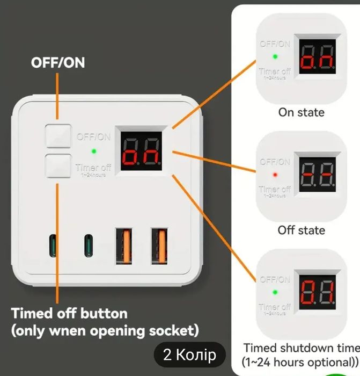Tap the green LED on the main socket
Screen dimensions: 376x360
pyautogui.click(x=94, y=151)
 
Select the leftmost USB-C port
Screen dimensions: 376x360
pyautogui.click(x=53, y=246)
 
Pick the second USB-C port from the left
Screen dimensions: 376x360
pyautogui.click(x=87, y=246)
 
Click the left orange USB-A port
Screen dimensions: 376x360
pyautogui.click(x=124, y=246)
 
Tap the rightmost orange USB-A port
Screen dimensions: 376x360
pyautogui.click(x=158, y=246)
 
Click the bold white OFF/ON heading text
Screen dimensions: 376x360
pyautogui.click(x=58, y=62)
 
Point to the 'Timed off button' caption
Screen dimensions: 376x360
pyautogui.click(x=70, y=313)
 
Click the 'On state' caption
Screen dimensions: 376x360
pyautogui.click(x=301, y=112)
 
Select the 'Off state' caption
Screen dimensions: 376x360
pyautogui.click(x=301, y=230)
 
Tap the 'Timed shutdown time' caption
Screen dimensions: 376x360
pyautogui.click(x=301, y=348)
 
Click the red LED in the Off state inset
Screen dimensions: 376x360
pyautogui.click(x=275, y=175)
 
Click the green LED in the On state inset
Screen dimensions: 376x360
pyautogui.click(x=275, y=56)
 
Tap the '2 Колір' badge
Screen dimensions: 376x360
pyautogui.click(x=189, y=355)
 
